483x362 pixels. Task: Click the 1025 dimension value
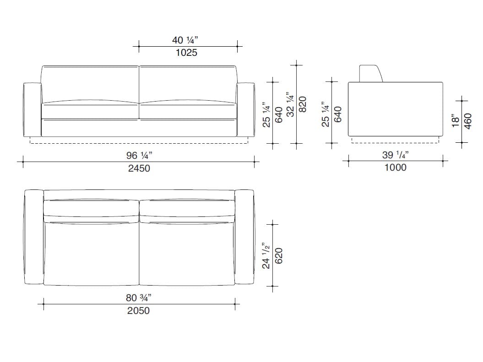point(186,53)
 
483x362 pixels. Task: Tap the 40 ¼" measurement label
point(185,40)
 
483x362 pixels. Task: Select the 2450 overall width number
point(139,168)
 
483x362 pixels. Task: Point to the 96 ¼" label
point(139,156)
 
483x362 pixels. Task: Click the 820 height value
point(303,104)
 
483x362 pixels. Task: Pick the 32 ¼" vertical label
point(290,104)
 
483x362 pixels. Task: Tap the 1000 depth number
point(395,167)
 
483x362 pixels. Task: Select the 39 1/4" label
point(395,155)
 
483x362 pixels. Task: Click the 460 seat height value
point(467,121)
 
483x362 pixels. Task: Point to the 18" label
point(455,121)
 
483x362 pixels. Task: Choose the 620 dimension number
point(278,256)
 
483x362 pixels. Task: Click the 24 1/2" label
point(266,256)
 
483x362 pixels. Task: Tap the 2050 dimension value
point(138,311)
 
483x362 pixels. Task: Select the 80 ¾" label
point(138,297)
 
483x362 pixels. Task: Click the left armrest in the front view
point(33,109)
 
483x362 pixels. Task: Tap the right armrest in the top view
point(244,237)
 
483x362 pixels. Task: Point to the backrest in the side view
point(371,74)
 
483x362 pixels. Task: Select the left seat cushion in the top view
point(92,253)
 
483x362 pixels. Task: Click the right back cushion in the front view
point(188,84)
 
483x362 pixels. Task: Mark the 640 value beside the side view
point(338,114)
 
